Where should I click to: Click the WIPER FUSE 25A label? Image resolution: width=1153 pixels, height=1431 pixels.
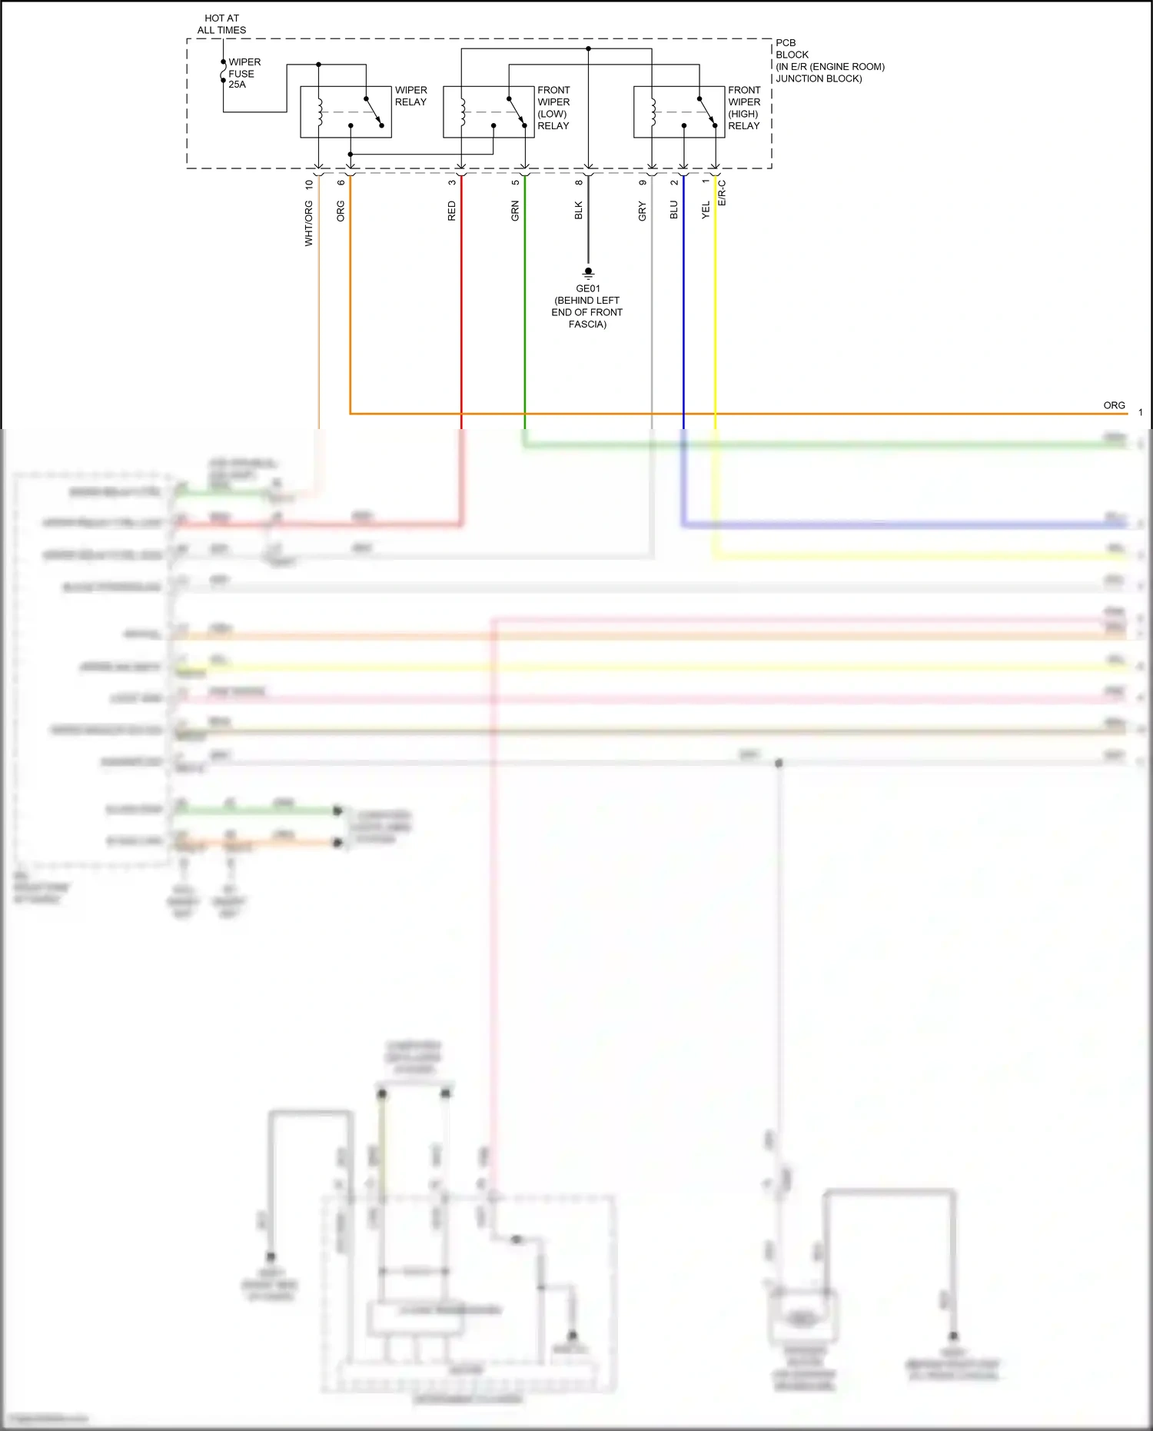click(244, 73)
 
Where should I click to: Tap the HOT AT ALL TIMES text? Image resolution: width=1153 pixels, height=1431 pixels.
click(221, 24)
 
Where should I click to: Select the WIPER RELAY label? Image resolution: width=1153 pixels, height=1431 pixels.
click(410, 96)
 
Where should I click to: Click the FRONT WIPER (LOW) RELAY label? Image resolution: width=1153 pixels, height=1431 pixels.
click(553, 108)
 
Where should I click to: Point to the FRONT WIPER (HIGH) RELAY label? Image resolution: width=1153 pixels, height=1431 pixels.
click(744, 108)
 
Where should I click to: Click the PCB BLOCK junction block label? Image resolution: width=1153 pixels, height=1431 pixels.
click(829, 61)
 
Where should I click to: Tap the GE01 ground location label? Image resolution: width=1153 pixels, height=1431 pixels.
click(587, 306)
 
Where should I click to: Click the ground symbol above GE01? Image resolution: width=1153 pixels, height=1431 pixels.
click(588, 272)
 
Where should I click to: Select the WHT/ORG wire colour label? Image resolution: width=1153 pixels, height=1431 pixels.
click(309, 223)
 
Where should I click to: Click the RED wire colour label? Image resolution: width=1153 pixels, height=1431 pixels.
click(452, 211)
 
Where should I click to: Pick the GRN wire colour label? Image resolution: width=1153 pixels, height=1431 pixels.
click(516, 211)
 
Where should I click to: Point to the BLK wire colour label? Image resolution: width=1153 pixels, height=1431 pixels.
click(579, 211)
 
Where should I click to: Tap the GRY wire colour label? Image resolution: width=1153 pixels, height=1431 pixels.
click(643, 211)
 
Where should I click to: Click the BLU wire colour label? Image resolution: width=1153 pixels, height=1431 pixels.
click(674, 210)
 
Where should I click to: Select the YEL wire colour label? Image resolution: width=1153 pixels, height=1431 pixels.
click(706, 210)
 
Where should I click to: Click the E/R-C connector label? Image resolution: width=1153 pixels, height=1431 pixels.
click(723, 193)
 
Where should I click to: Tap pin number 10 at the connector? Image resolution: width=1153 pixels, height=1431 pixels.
click(309, 185)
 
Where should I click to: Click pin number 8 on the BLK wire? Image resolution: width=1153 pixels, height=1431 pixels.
click(579, 182)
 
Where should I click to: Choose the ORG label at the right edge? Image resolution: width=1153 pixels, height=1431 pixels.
click(1114, 405)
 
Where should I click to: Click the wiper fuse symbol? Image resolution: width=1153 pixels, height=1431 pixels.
click(223, 74)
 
